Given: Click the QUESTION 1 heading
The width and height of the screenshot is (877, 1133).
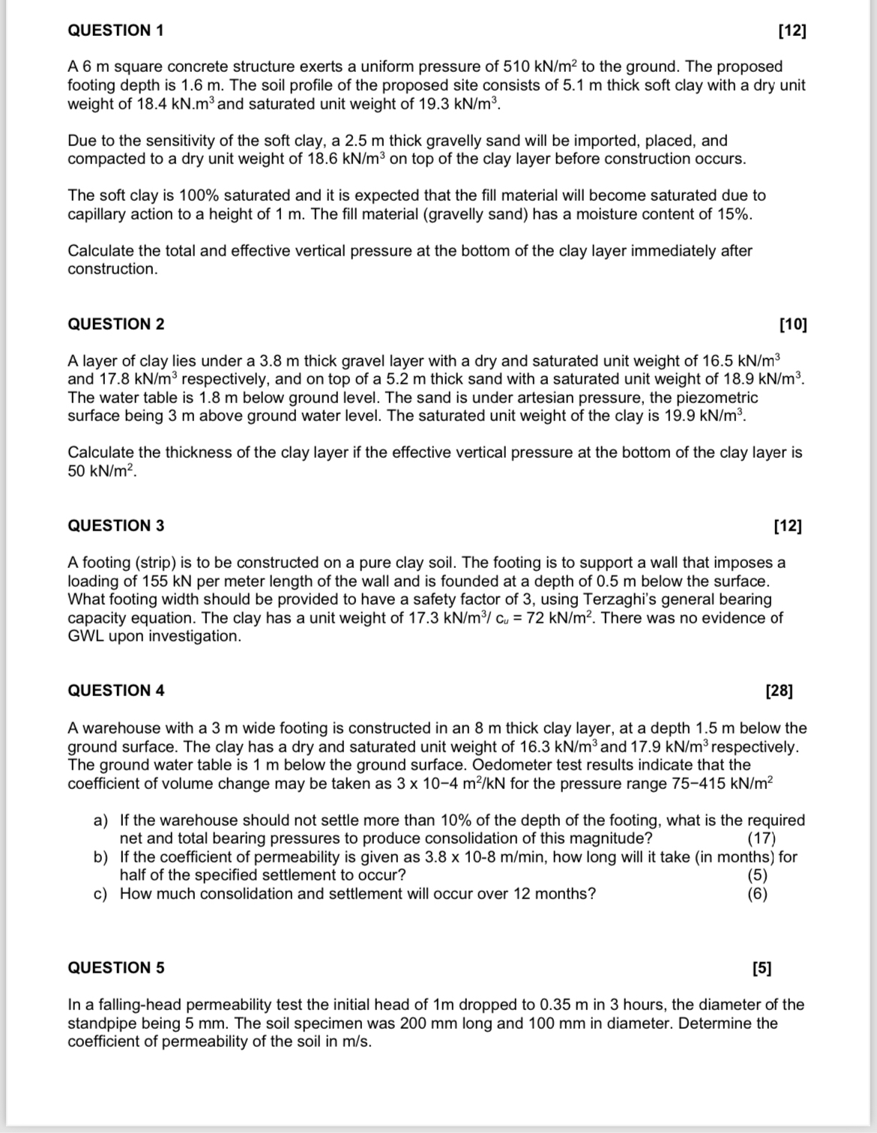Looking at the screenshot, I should point(116,31).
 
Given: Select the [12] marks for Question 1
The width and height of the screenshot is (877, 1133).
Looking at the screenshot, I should point(792,31).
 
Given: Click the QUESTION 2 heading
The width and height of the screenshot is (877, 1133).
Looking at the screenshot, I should point(116,324).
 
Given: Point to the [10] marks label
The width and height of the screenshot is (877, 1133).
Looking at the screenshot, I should point(793,324).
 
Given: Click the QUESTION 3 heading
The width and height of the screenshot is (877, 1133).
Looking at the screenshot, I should point(116,525).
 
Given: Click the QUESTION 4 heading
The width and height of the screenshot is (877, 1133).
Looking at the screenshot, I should point(116,691).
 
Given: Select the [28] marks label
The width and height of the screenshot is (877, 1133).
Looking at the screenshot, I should point(780,691).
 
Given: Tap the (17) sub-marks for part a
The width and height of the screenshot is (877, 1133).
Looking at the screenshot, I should point(762,839).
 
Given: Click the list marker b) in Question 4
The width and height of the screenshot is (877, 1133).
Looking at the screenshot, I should point(101,857).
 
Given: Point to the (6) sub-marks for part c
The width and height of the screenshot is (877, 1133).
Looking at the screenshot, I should point(757,894).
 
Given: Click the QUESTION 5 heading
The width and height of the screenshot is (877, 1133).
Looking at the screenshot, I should point(116,967).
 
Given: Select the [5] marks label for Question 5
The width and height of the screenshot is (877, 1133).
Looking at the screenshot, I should point(761,967).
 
